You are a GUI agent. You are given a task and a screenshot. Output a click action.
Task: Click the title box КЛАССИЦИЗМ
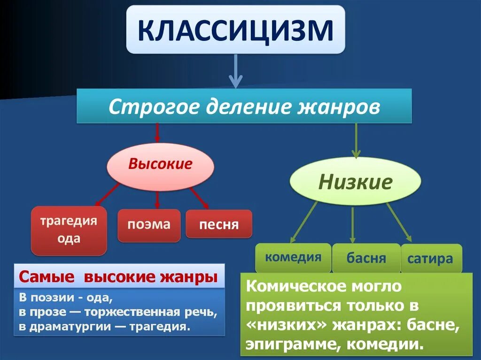pos(235,29)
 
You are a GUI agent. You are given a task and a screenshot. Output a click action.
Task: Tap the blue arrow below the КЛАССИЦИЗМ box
pos(236,70)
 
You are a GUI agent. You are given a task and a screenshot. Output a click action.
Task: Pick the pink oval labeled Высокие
pos(160,165)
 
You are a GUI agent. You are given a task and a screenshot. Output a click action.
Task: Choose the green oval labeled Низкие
pos(355,182)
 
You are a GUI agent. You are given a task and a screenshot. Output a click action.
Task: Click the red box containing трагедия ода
pos(69,230)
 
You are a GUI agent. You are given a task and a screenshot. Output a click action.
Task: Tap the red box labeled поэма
pos(149,225)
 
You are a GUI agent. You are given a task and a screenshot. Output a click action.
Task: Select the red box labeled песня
pos(219,224)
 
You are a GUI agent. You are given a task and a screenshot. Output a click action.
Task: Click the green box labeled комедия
pos(293,257)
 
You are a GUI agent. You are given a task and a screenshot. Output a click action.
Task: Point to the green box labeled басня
pos(366,258)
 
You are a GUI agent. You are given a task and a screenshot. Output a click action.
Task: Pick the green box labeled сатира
pos(430,258)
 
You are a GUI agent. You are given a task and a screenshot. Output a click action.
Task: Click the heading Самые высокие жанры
pos(118,277)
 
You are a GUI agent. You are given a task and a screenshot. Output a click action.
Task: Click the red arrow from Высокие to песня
pos(199,198)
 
